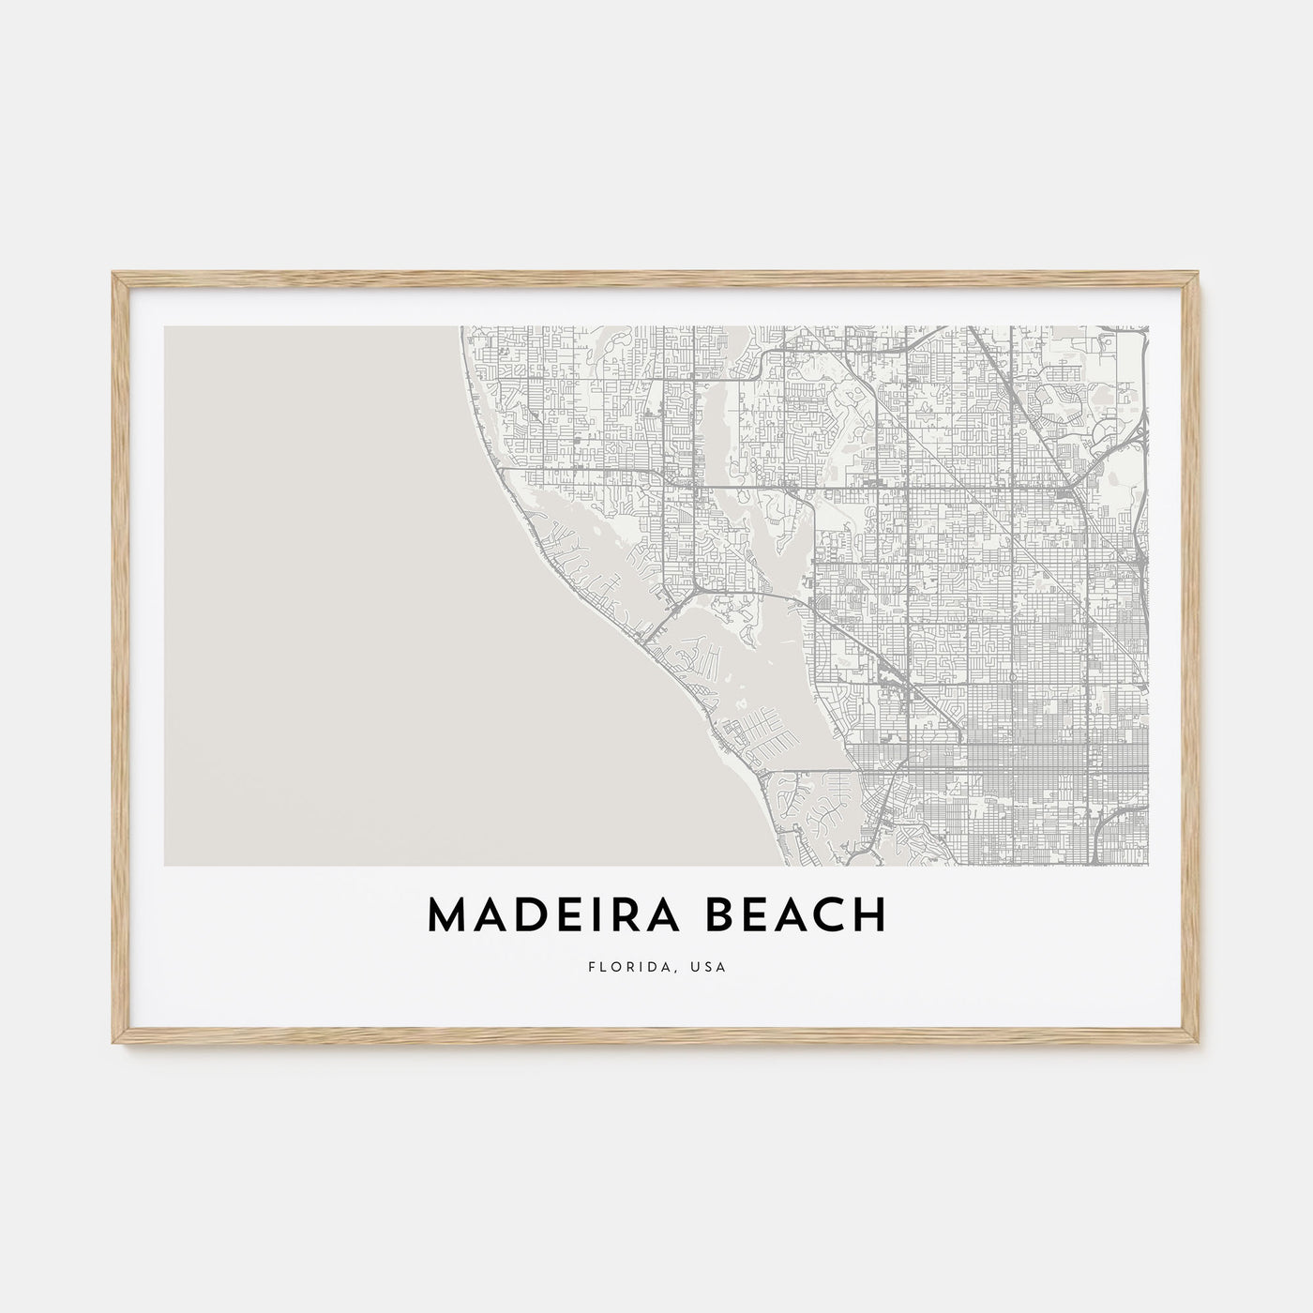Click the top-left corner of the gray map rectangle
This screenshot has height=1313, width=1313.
tap(164, 326)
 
